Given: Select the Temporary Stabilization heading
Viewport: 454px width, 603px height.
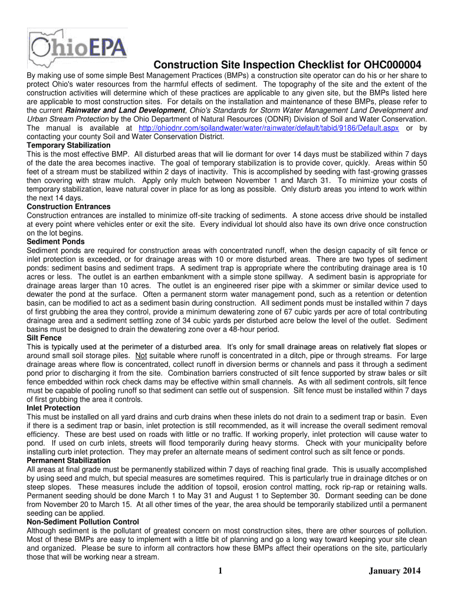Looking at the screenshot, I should pyautogui.click(x=69, y=145).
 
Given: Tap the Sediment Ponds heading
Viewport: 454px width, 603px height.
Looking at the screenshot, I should pyautogui.click(x=56, y=242).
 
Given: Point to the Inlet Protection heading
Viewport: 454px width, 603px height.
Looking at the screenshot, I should pyautogui.click(x=54, y=408).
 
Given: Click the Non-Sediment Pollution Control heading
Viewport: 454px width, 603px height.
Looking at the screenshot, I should pyautogui.click(x=83, y=522).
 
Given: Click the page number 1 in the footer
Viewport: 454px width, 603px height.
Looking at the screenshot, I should pyautogui.click(x=218, y=571).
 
